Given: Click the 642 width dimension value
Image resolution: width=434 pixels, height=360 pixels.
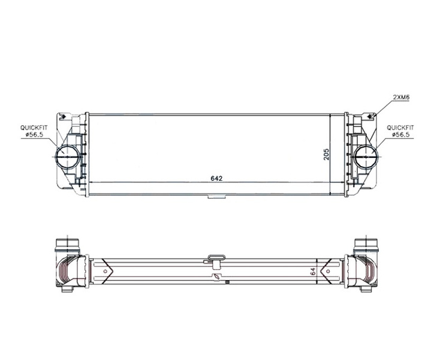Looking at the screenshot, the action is click(x=216, y=178).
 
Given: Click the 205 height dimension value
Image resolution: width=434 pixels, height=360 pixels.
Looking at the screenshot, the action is click(x=327, y=154).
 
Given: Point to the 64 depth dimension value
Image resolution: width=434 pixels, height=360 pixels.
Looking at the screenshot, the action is click(x=313, y=271).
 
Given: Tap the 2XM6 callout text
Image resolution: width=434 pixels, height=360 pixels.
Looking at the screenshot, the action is click(x=401, y=97).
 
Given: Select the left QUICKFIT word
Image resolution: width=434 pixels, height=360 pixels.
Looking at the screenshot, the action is click(x=34, y=128).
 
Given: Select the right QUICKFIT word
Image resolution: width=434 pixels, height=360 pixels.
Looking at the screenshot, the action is click(x=400, y=128).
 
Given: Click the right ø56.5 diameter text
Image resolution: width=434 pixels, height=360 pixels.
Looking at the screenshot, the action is click(x=401, y=134).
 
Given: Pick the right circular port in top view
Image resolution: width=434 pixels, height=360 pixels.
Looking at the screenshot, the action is click(x=366, y=157).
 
